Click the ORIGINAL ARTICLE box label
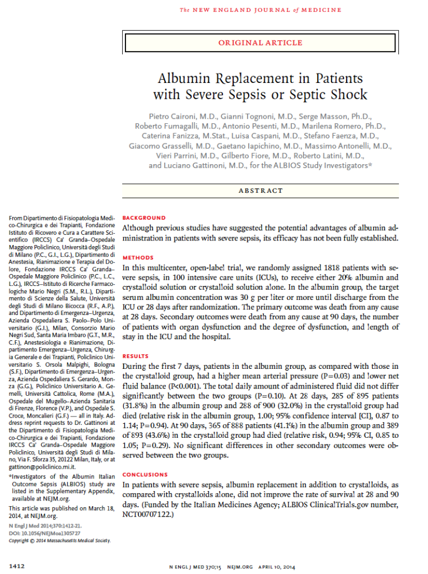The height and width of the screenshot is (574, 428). click(260, 43)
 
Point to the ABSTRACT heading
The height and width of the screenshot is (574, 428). click(260, 191)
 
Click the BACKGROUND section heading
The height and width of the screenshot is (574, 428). click(144, 217)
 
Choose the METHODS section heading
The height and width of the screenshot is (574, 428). click(138, 258)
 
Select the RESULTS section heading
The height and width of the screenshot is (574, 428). click(136, 357)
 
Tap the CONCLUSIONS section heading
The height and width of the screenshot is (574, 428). click(145, 474)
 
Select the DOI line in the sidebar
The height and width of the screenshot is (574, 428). click(43, 533)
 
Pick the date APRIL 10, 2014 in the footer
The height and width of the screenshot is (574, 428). click(282, 567)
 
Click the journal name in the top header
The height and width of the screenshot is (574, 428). click(260, 10)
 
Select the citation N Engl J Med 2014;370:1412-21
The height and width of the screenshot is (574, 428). click(45, 526)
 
